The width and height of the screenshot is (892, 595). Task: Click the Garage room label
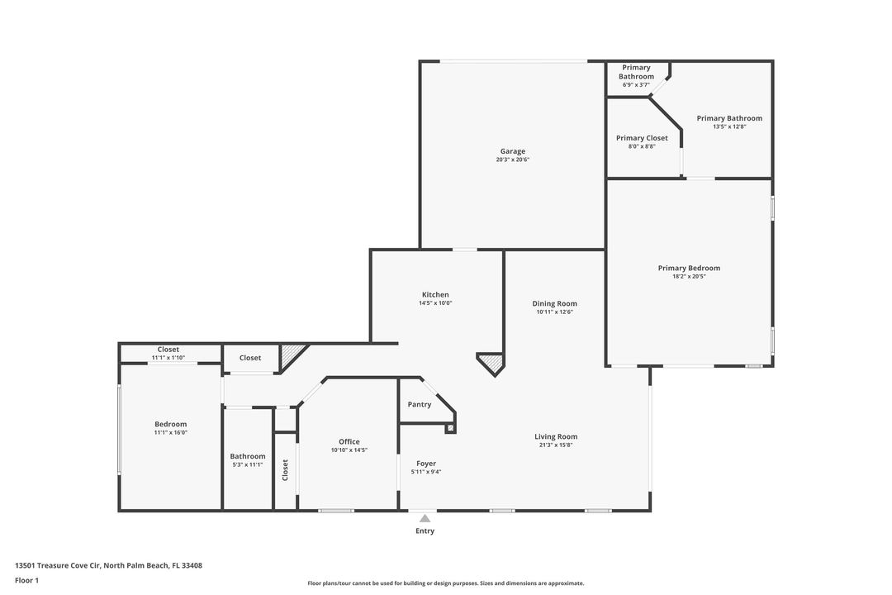click(x=512, y=151)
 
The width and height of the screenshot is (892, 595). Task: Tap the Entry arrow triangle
click(x=425, y=519)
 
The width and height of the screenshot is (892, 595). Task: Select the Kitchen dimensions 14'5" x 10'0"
click(x=435, y=303)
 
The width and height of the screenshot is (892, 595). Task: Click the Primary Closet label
click(x=642, y=138)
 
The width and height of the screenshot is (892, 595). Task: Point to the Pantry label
click(x=420, y=404)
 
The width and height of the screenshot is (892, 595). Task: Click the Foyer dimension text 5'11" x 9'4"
click(x=426, y=472)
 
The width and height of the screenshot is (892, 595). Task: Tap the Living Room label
click(x=556, y=436)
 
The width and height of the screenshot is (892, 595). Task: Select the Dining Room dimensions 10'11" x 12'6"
click(x=555, y=312)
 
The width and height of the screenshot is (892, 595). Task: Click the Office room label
click(x=349, y=441)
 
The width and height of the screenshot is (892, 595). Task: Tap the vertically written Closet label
click(x=286, y=470)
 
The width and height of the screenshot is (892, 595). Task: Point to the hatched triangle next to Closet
click(x=292, y=355)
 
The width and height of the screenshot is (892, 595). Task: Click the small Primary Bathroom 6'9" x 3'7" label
click(x=636, y=76)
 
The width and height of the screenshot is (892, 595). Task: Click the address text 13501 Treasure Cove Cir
click(x=108, y=565)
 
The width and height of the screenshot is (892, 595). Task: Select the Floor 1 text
click(x=26, y=580)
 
